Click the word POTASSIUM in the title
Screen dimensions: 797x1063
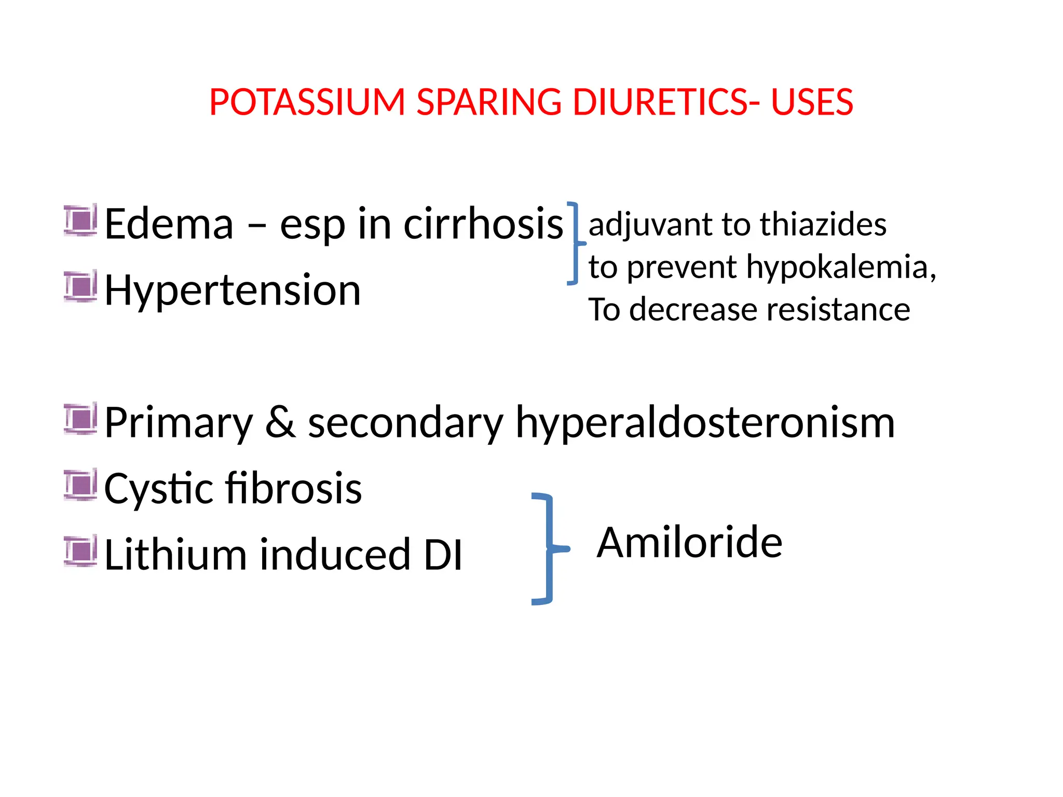(x=307, y=102)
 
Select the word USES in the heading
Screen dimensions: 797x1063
(x=812, y=102)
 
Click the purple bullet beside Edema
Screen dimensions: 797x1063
(x=80, y=221)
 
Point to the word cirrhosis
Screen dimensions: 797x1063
(x=483, y=224)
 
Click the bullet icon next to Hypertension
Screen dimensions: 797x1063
(x=80, y=286)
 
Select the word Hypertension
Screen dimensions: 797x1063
(x=233, y=291)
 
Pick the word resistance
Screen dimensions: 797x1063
(x=838, y=310)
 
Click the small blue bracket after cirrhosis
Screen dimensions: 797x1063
(x=575, y=243)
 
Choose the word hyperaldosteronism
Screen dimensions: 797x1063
(x=705, y=423)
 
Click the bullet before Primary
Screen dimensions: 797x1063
(x=80, y=419)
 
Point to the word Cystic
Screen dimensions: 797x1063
(x=158, y=489)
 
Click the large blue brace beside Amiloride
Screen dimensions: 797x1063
(x=548, y=548)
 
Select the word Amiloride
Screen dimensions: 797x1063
(x=689, y=542)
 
